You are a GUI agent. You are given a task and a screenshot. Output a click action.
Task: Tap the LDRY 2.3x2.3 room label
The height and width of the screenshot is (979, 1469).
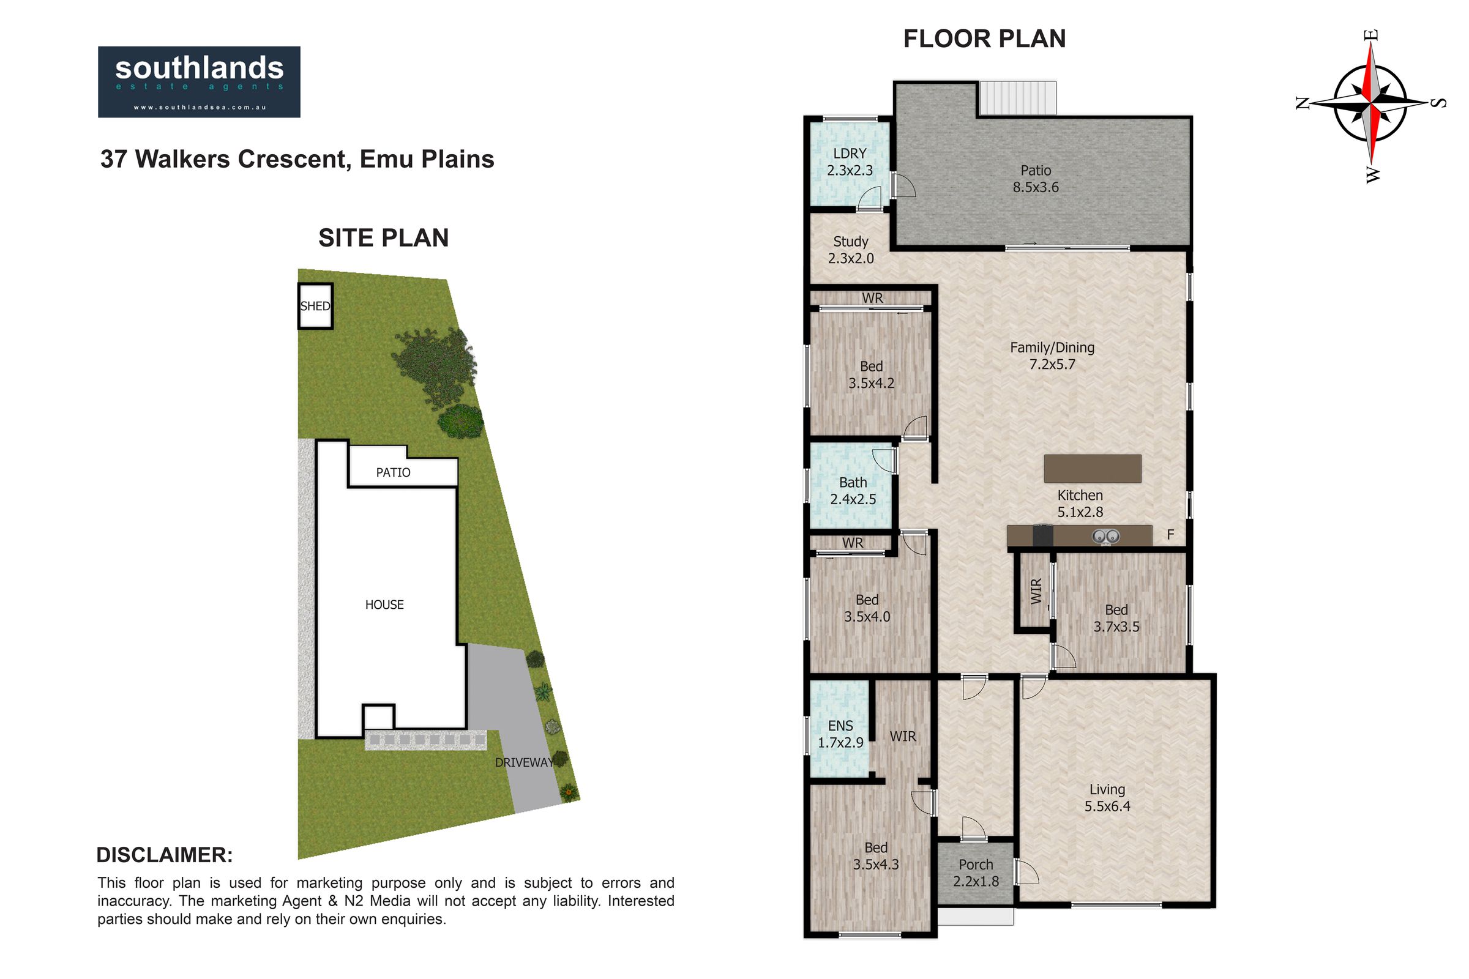(850, 162)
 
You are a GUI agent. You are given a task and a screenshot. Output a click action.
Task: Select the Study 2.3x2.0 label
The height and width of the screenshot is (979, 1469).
(851, 250)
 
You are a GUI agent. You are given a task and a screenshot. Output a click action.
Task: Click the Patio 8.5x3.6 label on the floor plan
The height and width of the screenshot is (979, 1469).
(1036, 179)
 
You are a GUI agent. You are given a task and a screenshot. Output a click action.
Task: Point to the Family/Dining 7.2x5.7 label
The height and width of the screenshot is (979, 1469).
(1052, 356)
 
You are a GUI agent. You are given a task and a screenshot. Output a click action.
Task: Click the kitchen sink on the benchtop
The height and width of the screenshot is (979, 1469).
(1105, 537)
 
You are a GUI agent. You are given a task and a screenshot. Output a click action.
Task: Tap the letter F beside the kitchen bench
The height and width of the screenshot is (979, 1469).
(1170, 534)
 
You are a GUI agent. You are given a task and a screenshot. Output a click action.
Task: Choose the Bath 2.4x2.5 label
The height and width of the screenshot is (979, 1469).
(853, 491)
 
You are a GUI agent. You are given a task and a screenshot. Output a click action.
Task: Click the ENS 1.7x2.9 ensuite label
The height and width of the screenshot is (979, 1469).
(840, 734)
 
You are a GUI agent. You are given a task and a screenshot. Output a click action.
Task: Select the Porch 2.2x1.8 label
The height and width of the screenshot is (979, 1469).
(976, 873)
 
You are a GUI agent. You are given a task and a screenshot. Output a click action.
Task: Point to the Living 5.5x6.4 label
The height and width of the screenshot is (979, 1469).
(1107, 798)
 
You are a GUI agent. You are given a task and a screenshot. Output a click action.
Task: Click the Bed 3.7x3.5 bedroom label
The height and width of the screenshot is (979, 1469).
(1116, 618)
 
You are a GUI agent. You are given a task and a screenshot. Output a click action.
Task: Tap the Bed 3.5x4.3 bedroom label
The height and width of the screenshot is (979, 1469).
(876, 856)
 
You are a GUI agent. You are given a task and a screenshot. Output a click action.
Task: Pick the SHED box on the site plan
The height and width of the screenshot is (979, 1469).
(315, 306)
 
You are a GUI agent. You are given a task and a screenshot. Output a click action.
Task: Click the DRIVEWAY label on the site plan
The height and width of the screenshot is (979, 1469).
(524, 762)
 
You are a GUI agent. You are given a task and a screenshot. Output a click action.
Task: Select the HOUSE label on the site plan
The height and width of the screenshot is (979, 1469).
(384, 605)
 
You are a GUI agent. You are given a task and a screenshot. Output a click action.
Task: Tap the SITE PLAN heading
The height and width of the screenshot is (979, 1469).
(384, 238)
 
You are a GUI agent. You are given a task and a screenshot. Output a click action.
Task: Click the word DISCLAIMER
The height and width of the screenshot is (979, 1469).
(164, 855)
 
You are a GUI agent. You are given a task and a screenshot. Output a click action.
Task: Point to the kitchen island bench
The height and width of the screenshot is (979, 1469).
(1093, 468)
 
